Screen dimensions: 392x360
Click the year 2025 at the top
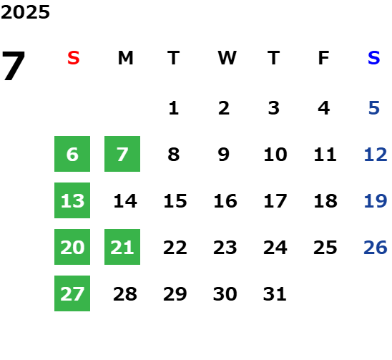pos(25,12)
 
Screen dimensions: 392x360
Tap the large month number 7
pos(14,65)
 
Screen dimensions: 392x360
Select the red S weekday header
pos(74,58)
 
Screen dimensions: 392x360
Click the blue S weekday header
pos(374,58)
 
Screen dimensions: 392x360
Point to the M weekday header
pos(125,58)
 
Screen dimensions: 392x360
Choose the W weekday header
pos(227,58)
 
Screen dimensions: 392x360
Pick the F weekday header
pos(324,58)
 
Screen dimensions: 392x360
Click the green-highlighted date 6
pos(72,154)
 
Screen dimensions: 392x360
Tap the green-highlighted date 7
pos(122,154)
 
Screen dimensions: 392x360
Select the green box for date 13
pos(72,200)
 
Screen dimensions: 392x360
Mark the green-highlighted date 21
pos(122,247)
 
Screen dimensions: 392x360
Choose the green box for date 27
pos(72,293)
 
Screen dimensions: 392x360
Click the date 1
pos(174,108)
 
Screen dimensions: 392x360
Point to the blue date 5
pos(374,108)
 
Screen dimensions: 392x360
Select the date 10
pos(275,155)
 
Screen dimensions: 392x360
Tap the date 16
pos(225,201)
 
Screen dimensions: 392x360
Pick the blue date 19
pos(376,201)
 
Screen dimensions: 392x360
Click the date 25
pos(325,248)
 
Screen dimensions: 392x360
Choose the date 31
pos(275,294)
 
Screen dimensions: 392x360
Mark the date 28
pos(125,294)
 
